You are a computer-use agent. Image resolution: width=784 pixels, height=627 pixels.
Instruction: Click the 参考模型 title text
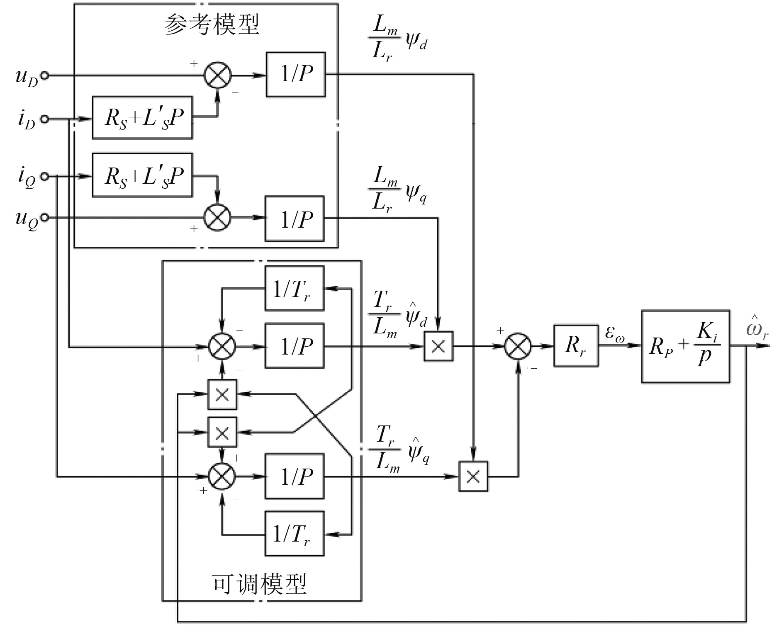tap(212, 25)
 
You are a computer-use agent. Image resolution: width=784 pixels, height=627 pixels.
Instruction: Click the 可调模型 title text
tap(260, 584)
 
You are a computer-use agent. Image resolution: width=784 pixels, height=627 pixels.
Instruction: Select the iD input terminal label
tap(26, 121)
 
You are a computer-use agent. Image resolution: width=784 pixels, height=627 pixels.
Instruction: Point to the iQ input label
tap(27, 178)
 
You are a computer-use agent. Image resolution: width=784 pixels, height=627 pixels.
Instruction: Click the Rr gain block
tap(576, 346)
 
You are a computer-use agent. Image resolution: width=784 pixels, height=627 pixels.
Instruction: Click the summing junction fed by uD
tap(217, 75)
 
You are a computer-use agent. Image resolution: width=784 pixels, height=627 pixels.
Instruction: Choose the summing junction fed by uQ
tap(217, 218)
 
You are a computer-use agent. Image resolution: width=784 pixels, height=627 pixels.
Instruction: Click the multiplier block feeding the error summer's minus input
tap(473, 476)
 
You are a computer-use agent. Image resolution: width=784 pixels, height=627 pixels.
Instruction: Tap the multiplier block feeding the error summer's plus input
tap(438, 346)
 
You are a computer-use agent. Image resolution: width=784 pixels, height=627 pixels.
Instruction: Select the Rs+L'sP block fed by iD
tap(142, 118)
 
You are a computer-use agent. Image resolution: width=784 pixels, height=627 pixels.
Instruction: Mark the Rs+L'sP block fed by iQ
tap(142, 175)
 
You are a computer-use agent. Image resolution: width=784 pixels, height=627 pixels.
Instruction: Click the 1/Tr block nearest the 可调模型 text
tap(294, 534)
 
